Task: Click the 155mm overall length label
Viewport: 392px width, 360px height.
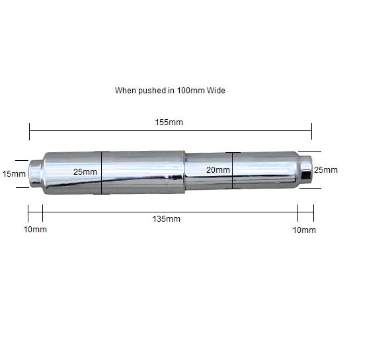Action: pyautogui.click(x=169, y=122)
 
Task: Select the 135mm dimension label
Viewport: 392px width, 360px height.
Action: pyautogui.click(x=167, y=219)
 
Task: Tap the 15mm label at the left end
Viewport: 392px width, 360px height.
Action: pyautogui.click(x=14, y=174)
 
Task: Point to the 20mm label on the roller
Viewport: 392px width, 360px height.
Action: pyautogui.click(x=218, y=170)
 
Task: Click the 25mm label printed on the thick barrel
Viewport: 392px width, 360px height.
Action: pyautogui.click(x=85, y=172)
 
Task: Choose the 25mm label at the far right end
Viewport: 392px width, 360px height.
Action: pyautogui.click(x=325, y=170)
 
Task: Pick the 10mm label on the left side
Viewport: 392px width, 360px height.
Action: pyautogui.click(x=34, y=230)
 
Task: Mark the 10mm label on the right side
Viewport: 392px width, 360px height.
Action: pyautogui.click(x=304, y=230)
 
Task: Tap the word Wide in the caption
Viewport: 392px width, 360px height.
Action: pyautogui.click(x=217, y=90)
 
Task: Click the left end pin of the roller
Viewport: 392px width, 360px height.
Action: pyautogui.click(x=36, y=173)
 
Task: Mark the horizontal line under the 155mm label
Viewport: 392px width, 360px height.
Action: pyautogui.click(x=170, y=132)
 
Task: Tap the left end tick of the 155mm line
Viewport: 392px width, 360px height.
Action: pyautogui.click(x=30, y=132)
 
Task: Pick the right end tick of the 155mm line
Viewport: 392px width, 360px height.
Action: pyautogui.click(x=311, y=132)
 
